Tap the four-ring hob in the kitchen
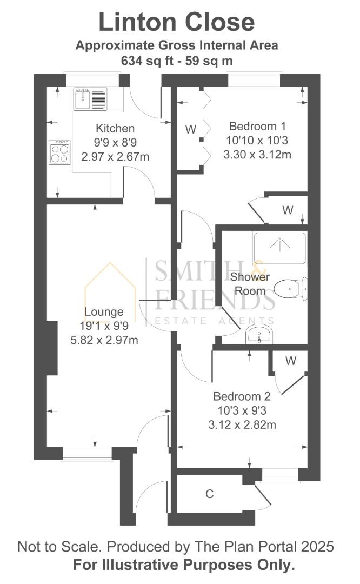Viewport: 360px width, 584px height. pyautogui.click(x=59, y=151)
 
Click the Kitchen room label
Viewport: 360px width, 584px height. pyautogui.click(x=115, y=129)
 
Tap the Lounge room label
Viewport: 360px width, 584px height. pyautogui.click(x=104, y=312)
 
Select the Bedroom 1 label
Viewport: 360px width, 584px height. pyautogui.click(x=258, y=126)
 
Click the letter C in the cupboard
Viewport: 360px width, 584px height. pyautogui.click(x=210, y=494)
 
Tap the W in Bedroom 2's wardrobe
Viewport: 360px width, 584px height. pyautogui.click(x=291, y=361)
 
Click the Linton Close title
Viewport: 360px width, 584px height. pyautogui.click(x=176, y=22)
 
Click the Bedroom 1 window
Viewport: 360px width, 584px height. pyautogui.click(x=254, y=79)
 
